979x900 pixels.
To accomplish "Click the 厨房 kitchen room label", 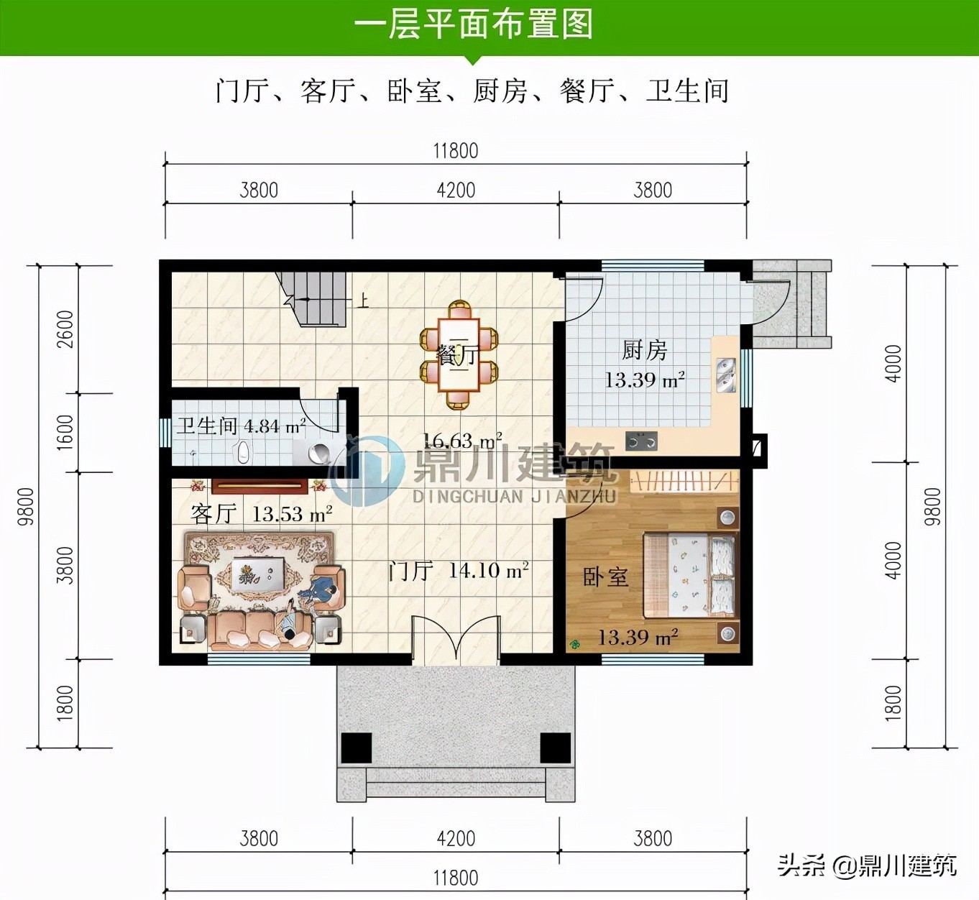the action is tap(644, 350).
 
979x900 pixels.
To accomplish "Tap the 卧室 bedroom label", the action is tap(606, 577).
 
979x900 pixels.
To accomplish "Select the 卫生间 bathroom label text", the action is tap(207, 426).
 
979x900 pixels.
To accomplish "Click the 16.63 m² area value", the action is tap(461, 441).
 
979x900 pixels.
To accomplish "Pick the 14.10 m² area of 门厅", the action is tap(489, 569).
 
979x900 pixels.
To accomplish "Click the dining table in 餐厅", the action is tap(459, 354).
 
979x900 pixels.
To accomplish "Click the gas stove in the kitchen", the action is tap(641, 441).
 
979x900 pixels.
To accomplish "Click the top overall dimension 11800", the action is tap(456, 151).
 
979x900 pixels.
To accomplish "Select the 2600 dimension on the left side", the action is tap(65, 329).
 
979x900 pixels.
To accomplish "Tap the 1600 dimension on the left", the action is tap(65, 433).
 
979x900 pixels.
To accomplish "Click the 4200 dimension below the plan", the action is tap(456, 838).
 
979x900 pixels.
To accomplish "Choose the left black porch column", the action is tap(356, 748).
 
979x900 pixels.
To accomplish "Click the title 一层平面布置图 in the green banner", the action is tap(473, 24).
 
